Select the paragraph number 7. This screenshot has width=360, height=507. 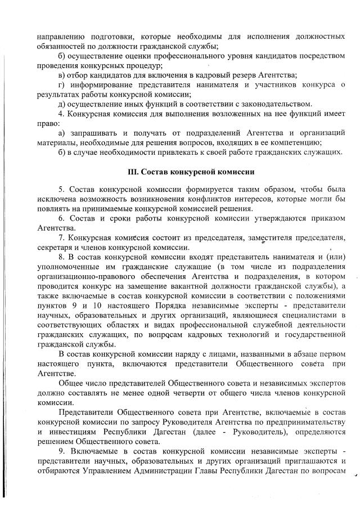click(61, 237)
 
